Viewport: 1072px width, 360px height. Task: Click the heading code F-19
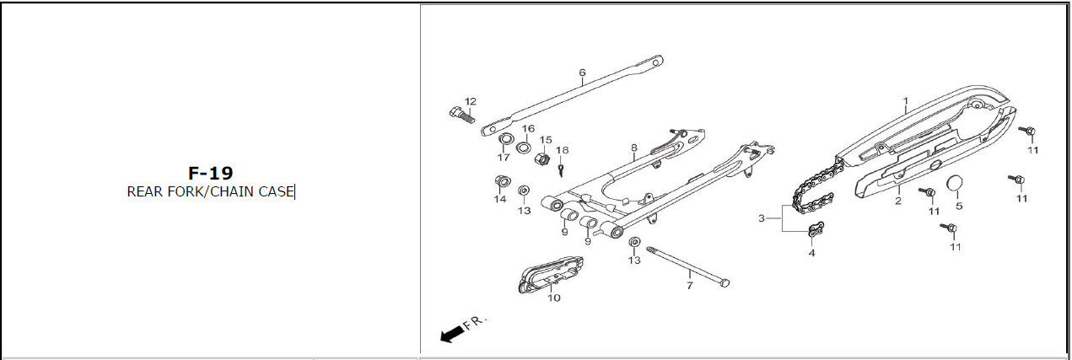(x=210, y=173)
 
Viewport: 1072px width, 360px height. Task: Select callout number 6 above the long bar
(x=582, y=73)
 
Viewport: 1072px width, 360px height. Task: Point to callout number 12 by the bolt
(x=471, y=101)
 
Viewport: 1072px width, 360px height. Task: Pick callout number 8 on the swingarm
(x=633, y=148)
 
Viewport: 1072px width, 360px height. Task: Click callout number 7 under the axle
(x=689, y=286)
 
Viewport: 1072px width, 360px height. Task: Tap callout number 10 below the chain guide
(x=554, y=298)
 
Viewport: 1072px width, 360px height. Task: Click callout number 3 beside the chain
(x=762, y=218)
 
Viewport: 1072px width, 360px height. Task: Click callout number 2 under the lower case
(x=898, y=201)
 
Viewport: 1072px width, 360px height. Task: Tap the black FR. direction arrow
(x=453, y=335)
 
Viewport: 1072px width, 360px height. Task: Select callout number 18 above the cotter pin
(x=563, y=150)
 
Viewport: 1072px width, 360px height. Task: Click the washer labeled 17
(x=507, y=139)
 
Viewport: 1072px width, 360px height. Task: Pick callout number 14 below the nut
(x=500, y=199)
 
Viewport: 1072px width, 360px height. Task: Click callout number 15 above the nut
(x=546, y=140)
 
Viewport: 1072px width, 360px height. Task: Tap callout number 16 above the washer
(x=528, y=129)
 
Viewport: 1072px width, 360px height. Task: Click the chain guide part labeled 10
(x=550, y=275)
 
